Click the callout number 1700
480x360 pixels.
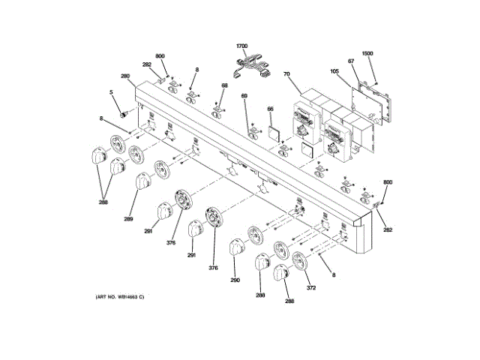pyautogui.click(x=241, y=46)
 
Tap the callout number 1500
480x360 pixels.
pyautogui.click(x=367, y=54)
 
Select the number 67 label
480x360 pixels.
pyautogui.click(x=350, y=61)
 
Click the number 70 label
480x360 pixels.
pyautogui.click(x=286, y=74)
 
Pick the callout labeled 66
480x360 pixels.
pyautogui.click(x=271, y=109)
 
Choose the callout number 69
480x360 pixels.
pyautogui.click(x=244, y=96)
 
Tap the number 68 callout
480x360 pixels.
pyautogui.click(x=223, y=85)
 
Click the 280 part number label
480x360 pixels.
pyautogui.click(x=125, y=76)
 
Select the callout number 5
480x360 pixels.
pyautogui.click(x=111, y=92)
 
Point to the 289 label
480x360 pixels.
pyautogui.click(x=128, y=218)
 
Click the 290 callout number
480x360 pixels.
pyautogui.click(x=235, y=280)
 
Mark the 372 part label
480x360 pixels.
pyautogui.click(x=310, y=287)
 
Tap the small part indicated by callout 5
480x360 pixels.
pyautogui.click(x=124, y=114)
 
